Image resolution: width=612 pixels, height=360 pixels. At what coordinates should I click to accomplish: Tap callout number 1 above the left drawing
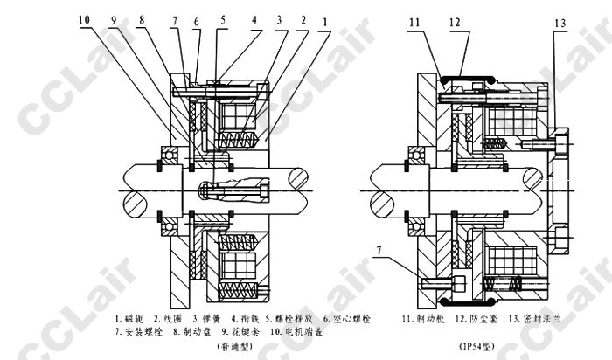325,18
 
